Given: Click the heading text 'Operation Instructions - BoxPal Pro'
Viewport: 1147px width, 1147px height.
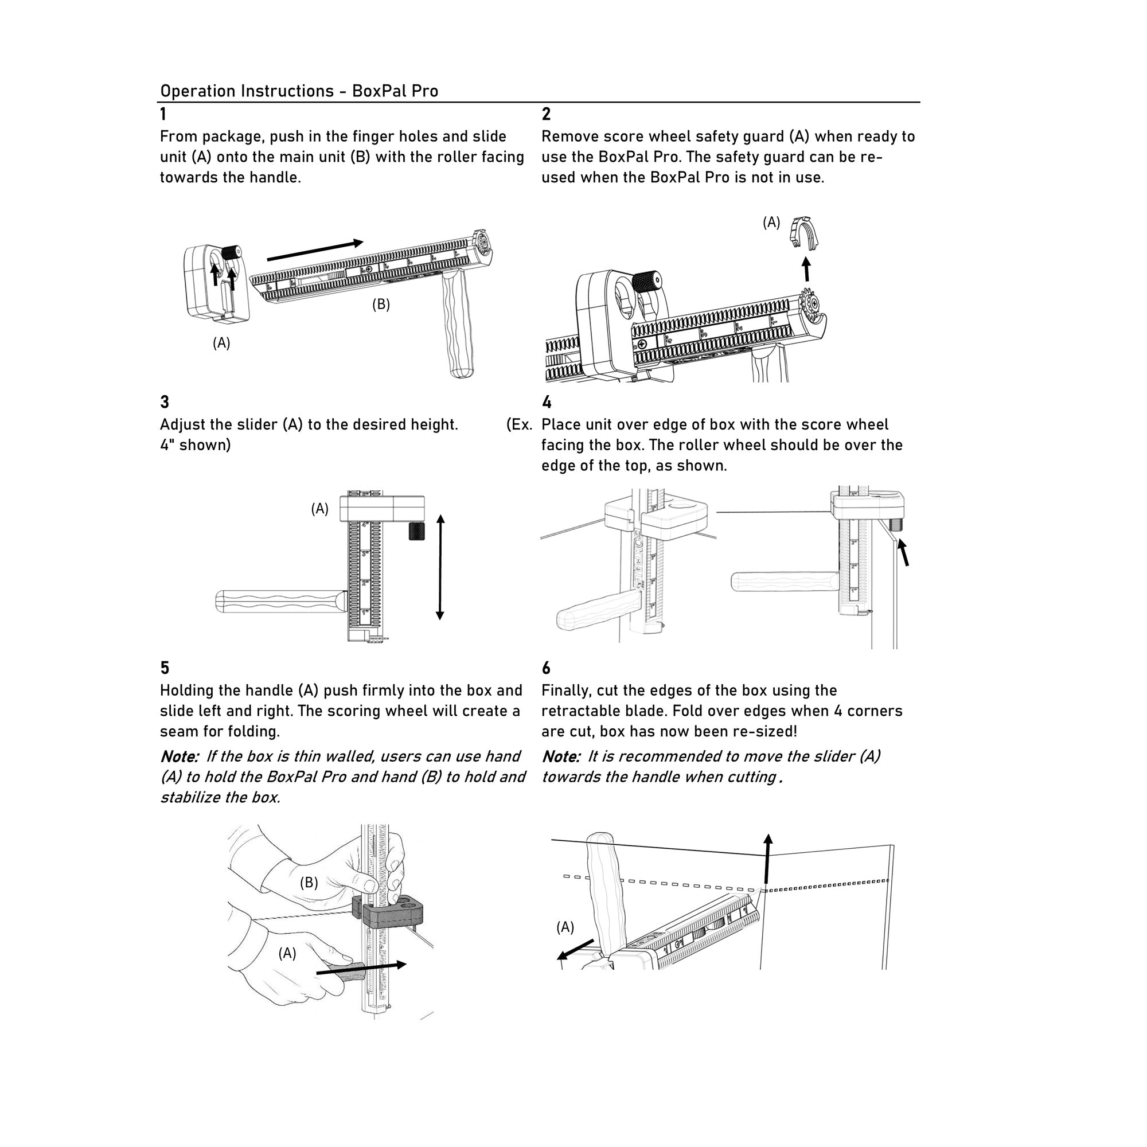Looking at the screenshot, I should (299, 91).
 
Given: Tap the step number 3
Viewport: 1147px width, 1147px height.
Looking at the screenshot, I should (165, 403).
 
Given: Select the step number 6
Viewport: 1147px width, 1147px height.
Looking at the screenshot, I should (546, 669).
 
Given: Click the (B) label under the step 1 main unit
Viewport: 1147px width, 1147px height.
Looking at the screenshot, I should (381, 305).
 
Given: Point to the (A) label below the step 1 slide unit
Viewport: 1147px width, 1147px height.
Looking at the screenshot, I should (221, 343).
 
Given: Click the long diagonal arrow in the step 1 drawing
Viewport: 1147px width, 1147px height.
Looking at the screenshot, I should (315, 251).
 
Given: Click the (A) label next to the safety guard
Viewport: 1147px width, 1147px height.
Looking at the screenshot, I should (771, 223).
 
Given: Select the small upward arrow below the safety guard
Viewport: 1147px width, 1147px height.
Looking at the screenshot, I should (806, 269).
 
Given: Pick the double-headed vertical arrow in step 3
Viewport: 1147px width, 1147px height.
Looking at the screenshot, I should (440, 568).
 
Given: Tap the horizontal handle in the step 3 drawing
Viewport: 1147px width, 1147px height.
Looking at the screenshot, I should (279, 602).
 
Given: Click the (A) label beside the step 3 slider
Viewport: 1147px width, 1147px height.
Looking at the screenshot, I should (319, 509).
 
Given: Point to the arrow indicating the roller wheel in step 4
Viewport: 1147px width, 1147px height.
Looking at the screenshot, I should (903, 552).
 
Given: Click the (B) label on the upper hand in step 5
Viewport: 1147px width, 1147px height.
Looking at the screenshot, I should (309, 883).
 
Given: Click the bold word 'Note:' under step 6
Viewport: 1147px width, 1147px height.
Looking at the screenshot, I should (561, 757).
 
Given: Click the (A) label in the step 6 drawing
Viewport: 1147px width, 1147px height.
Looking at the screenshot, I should (564, 927).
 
